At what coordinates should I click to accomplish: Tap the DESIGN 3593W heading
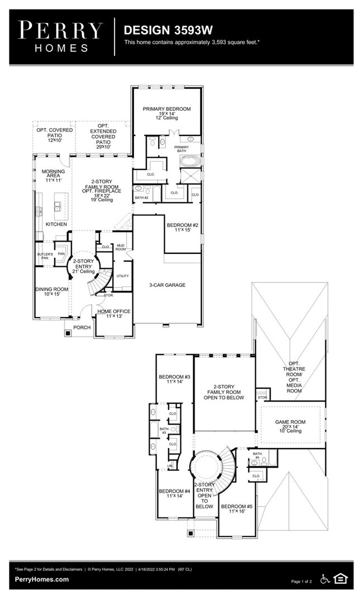click(x=159, y=30)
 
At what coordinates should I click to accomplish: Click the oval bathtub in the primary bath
click(x=190, y=163)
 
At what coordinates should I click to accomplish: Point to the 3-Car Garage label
click(x=167, y=285)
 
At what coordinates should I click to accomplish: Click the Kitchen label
click(x=56, y=224)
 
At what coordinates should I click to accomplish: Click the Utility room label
click(x=122, y=276)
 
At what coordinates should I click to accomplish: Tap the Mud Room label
click(x=120, y=247)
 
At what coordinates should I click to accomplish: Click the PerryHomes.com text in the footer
click(x=42, y=579)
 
